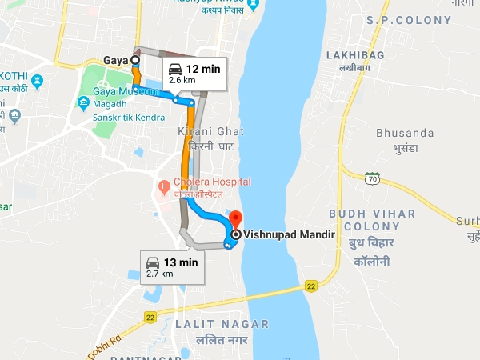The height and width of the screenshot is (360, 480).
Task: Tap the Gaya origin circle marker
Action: pos(134,59)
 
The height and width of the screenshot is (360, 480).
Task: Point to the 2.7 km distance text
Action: pos(159,274)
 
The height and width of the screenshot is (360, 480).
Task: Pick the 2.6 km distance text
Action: pos(183,82)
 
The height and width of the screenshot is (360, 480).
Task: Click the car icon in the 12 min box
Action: pos(175,70)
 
